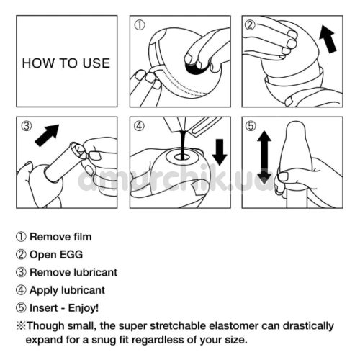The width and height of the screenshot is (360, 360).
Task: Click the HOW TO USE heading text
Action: click(x=66, y=63)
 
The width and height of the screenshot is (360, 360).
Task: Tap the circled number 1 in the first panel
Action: click(x=140, y=25)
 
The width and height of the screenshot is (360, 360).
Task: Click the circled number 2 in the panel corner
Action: click(x=250, y=25)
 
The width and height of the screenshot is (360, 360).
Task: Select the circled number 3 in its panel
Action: click(x=26, y=126)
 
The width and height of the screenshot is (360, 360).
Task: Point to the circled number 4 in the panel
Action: click(x=139, y=126)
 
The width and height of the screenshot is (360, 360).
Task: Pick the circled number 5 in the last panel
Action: click(x=251, y=126)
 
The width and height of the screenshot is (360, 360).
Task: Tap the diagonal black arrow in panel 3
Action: click(x=48, y=135)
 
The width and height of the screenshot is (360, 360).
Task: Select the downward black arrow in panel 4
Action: click(x=220, y=152)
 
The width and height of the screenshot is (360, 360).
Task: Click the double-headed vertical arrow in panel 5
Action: click(x=264, y=158)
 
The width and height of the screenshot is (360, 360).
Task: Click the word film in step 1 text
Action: click(x=83, y=237)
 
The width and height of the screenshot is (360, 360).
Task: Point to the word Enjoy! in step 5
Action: click(x=84, y=308)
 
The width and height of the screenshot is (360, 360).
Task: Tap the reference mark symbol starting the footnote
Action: click(x=21, y=326)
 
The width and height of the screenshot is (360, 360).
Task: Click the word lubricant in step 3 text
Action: click(x=96, y=272)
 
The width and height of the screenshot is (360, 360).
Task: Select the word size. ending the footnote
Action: click(x=236, y=340)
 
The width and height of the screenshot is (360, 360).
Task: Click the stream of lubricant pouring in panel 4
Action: click(x=183, y=145)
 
